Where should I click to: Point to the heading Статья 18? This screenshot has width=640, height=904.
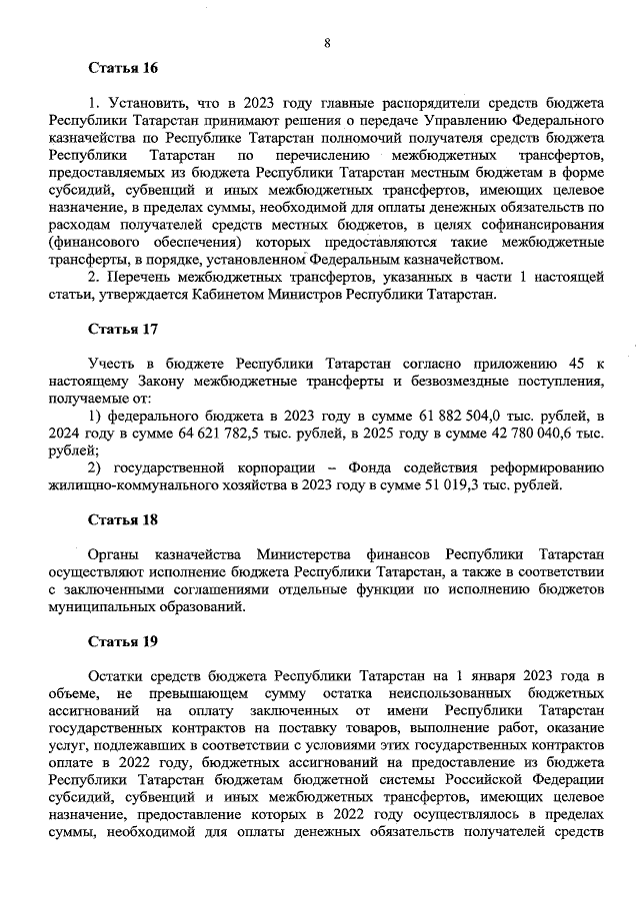click(x=123, y=519)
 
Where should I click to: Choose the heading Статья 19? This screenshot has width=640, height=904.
click(x=123, y=642)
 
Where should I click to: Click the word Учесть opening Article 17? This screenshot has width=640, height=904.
click(x=108, y=364)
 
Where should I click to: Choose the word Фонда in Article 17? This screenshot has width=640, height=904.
click(x=371, y=467)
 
